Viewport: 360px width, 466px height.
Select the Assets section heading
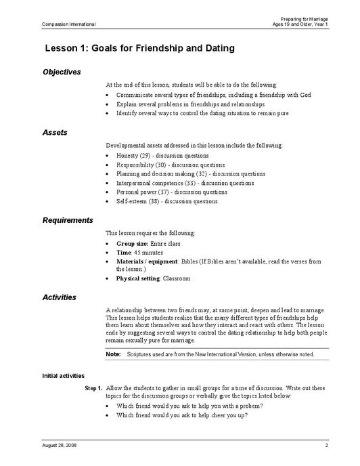(x=55, y=133)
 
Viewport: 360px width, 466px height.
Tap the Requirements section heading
(x=68, y=220)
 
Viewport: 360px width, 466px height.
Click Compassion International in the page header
(x=68, y=24)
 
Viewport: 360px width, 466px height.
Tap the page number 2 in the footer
(x=326, y=445)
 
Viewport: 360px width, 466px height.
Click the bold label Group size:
(x=132, y=242)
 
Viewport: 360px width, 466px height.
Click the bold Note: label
(x=113, y=354)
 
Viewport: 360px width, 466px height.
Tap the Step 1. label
(x=93, y=388)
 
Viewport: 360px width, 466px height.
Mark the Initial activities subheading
(x=63, y=375)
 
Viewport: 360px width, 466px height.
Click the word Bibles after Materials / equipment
(x=195, y=261)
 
